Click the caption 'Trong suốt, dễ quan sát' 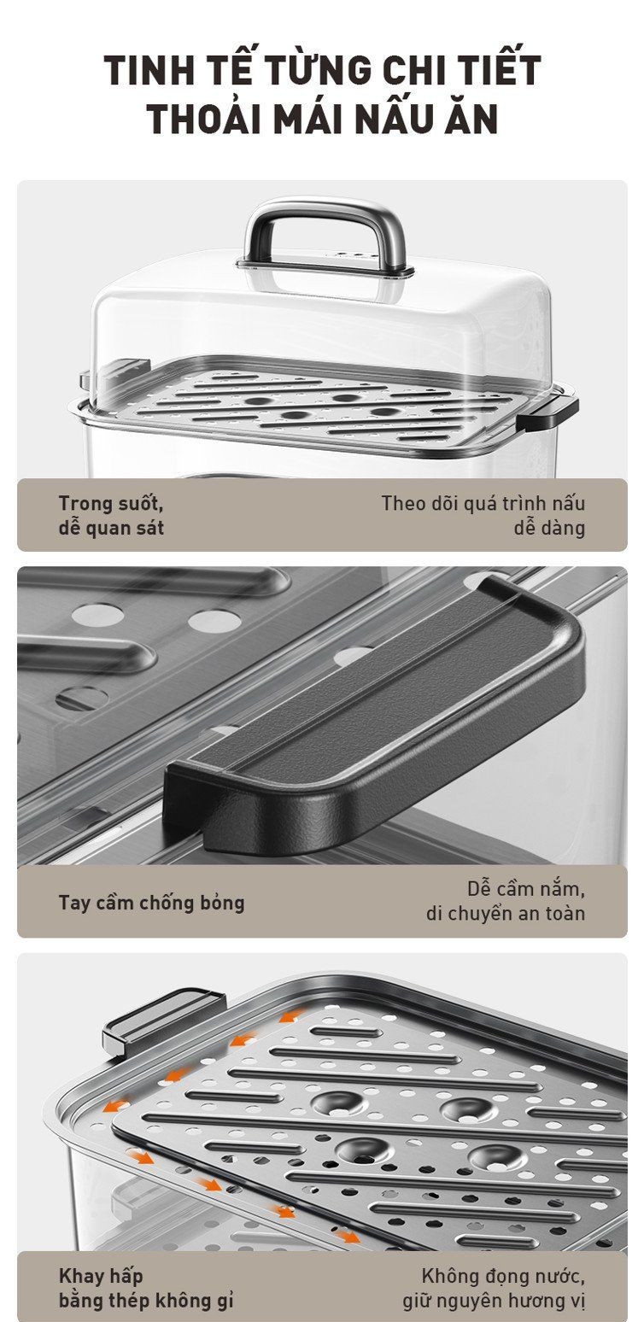[x=111, y=515]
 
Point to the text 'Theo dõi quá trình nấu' [x=483, y=503]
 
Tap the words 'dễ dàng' [x=549, y=527]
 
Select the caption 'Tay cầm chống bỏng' [x=151, y=903]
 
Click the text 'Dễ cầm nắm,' [x=526, y=889]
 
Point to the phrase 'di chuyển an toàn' [x=506, y=913]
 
